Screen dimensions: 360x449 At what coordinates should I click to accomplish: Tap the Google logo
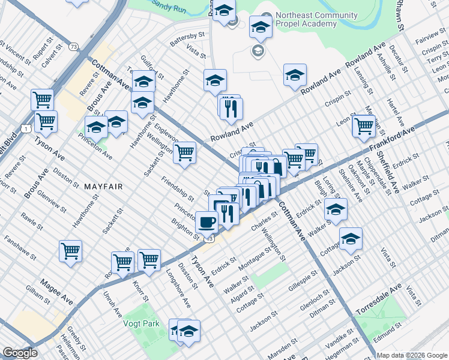(20, 353)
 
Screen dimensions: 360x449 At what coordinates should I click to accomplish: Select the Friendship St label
(178, 188)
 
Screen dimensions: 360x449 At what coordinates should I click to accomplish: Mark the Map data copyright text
(412, 355)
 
